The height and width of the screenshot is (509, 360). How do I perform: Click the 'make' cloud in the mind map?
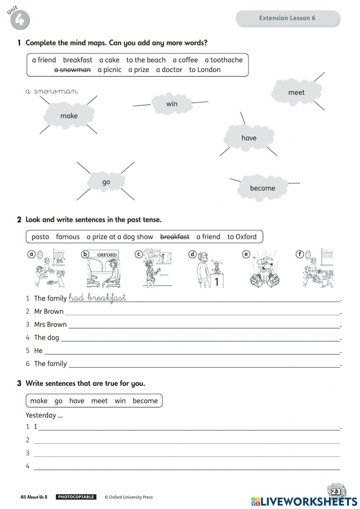(69, 116)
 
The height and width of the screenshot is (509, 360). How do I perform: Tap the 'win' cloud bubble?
(172, 104)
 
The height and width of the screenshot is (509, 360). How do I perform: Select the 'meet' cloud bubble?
(296, 92)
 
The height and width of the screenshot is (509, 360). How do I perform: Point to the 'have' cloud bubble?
(249, 138)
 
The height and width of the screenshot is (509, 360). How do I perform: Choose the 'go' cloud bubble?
(106, 182)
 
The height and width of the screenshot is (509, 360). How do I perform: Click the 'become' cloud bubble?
(262, 188)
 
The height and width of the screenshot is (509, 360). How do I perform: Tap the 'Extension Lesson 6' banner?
(287, 18)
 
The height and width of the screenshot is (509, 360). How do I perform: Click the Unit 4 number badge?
(19, 19)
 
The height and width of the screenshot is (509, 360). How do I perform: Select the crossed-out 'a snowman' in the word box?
(72, 70)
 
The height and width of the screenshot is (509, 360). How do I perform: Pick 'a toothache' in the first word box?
(224, 60)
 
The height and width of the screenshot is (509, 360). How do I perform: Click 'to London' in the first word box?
(205, 70)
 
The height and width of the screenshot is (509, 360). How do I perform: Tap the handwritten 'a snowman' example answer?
(51, 91)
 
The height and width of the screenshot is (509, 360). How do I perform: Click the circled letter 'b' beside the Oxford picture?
(85, 254)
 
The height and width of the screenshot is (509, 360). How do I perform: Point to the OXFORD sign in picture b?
(107, 255)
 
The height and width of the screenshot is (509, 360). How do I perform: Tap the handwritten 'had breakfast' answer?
(97, 298)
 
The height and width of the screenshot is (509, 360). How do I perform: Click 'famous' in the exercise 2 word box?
(68, 237)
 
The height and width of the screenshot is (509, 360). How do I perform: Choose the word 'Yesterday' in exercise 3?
(41, 415)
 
